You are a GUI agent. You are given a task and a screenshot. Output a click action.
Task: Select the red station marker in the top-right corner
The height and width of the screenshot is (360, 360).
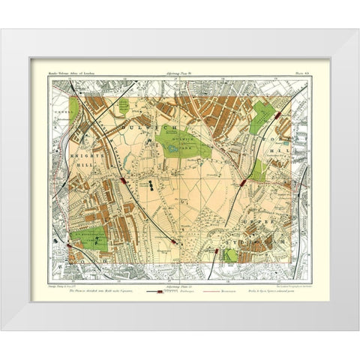pyautogui.click(x=278, y=116)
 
